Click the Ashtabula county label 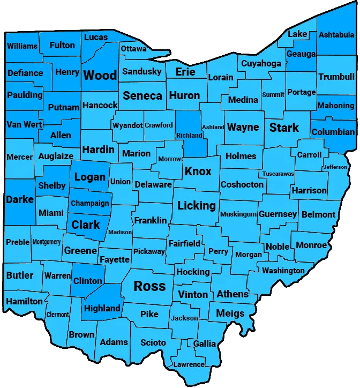[336, 35]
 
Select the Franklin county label [151, 221]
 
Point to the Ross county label [149, 286]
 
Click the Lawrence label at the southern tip [189, 365]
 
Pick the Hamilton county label [24, 302]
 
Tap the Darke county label [20, 200]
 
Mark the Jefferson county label [335, 167]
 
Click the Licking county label [197, 205]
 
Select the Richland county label [189, 136]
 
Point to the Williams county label [22, 46]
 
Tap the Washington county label [283, 271]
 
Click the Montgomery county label [47, 242]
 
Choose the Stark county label [284, 128]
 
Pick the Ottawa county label [133, 49]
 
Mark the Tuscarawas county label [278, 174]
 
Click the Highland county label [102, 308]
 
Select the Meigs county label [230, 313]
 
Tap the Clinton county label [87, 281]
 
